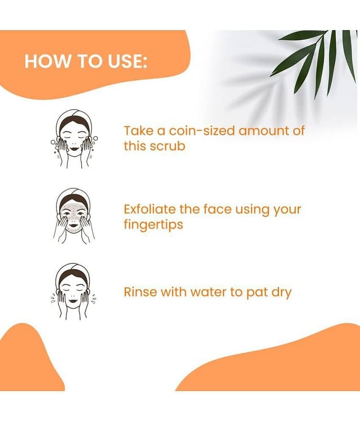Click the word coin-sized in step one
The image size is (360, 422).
[202, 131]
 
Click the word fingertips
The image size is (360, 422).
[153, 225]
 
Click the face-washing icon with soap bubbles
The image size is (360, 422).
[74, 139]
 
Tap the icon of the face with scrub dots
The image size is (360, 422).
[73, 216]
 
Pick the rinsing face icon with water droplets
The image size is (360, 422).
[74, 292]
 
